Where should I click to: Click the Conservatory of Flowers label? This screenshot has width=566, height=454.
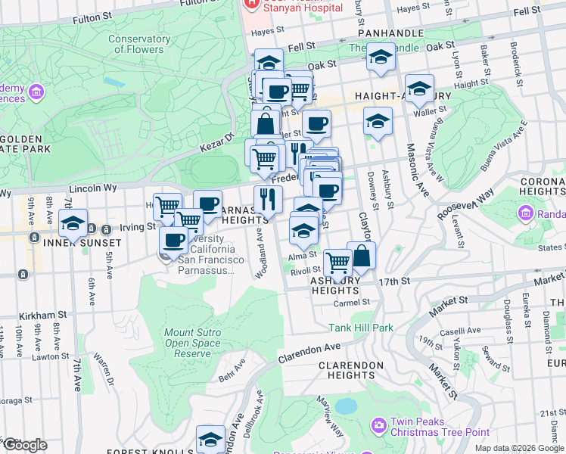point(138,44)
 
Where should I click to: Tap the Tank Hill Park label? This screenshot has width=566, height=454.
point(361,328)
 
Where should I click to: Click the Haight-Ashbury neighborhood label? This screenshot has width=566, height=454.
point(404,97)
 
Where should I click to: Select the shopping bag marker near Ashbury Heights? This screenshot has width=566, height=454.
point(362,257)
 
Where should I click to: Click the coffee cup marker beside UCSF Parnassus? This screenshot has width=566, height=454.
point(174,241)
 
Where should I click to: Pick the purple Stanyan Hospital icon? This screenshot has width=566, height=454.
point(250,5)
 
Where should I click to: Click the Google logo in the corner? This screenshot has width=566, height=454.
point(25,445)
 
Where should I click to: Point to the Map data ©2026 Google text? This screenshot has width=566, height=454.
point(519,448)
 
